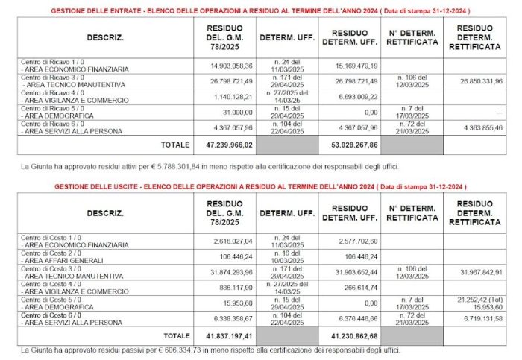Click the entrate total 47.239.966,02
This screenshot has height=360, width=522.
point(218,145)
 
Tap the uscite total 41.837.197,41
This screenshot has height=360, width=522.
point(218,337)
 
